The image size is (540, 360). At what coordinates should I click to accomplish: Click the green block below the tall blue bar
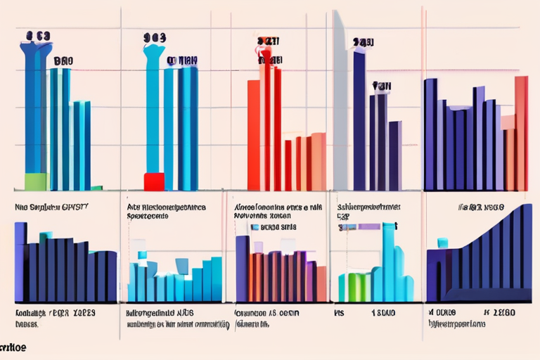pos(36,181)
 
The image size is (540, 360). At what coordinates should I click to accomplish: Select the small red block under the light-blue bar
pos(153,181)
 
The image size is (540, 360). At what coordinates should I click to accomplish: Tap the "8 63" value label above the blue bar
pos(38,35)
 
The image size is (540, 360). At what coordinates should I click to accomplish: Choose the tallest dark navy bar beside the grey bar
pos(359,120)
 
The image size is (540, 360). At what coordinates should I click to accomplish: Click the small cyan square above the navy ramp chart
pos(442,243)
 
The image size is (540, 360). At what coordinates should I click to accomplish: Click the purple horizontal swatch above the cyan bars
pos(368,226)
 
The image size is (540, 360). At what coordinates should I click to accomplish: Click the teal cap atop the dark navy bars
pos(47,235)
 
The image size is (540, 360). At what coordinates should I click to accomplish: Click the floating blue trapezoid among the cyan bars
pos(182,266)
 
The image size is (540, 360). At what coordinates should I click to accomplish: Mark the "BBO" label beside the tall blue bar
pos(63,61)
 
